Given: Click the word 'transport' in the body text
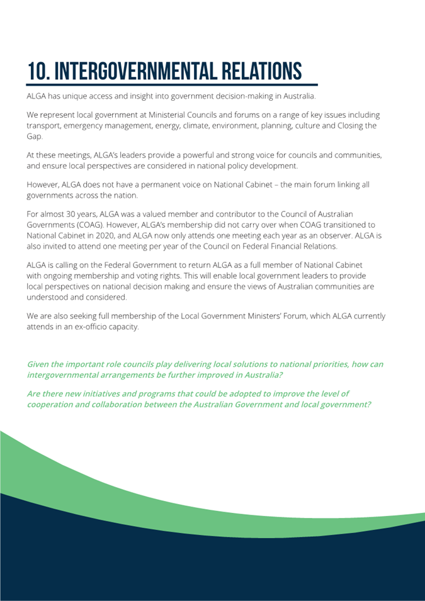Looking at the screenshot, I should pyautogui.click(x=43, y=125).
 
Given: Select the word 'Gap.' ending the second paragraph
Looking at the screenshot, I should pyautogui.click(x=35, y=135).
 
